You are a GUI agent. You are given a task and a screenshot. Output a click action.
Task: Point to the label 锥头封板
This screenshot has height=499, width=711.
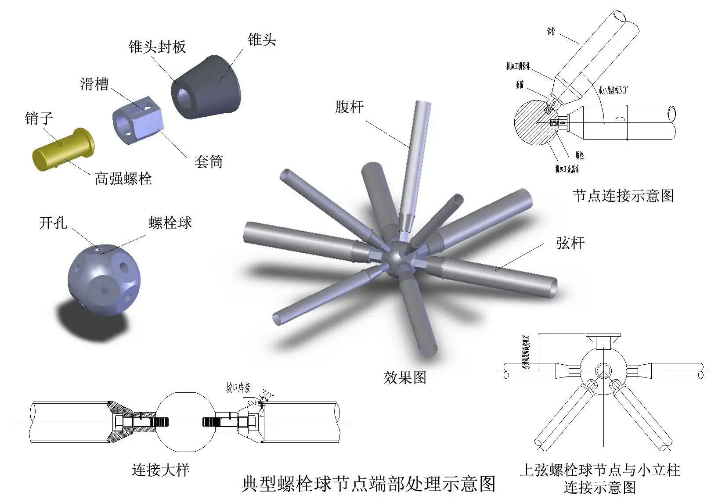(x=157, y=47)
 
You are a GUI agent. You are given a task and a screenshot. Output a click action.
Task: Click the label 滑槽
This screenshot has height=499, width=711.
(x=94, y=83)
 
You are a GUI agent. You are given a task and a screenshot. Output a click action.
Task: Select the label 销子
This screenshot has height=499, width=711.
(x=39, y=118)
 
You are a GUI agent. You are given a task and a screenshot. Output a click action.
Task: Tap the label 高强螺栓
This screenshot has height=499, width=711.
(x=123, y=178)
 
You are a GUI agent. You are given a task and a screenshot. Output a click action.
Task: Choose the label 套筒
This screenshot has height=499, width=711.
(x=209, y=162)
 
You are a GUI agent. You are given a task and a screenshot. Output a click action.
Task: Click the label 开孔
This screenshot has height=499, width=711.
(x=53, y=223)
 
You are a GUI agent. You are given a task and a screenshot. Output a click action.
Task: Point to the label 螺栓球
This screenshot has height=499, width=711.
(x=170, y=223)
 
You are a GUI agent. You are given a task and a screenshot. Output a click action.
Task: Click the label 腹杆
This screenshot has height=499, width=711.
(x=349, y=107)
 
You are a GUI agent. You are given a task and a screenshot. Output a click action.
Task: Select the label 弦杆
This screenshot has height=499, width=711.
(x=570, y=243)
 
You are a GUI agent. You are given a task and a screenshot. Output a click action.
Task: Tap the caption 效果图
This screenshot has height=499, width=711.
(x=405, y=377)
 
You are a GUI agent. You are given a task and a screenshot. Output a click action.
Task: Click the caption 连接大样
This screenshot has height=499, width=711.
(x=161, y=470)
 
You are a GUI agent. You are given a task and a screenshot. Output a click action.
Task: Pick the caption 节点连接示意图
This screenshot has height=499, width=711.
(x=623, y=195)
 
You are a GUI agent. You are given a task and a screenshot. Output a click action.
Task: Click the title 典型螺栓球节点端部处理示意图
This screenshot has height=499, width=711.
(x=368, y=484)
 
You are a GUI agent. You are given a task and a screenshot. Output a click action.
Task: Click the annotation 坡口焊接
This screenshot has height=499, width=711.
(x=238, y=388)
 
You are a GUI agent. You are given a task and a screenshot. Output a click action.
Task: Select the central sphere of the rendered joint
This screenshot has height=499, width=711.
(x=399, y=260)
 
